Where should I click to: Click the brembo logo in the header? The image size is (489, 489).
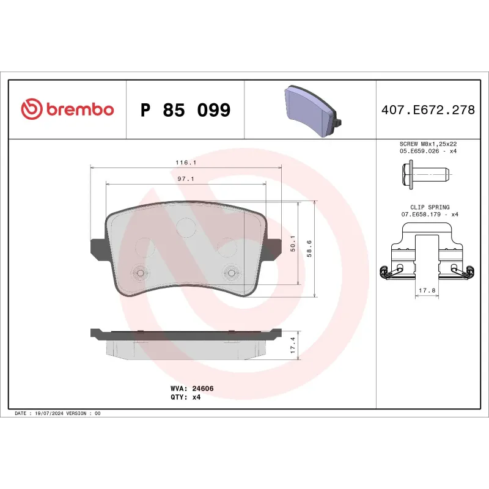click(x=67, y=110)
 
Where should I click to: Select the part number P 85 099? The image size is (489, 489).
click(x=185, y=111)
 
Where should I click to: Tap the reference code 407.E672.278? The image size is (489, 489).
click(x=428, y=111)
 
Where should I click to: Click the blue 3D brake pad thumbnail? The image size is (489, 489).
click(x=311, y=112)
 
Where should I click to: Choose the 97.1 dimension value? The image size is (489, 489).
click(x=185, y=179)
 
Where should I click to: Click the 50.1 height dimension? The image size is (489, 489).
click(x=293, y=243)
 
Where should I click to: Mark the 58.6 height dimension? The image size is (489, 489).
click(x=310, y=247)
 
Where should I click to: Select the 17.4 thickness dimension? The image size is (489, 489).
click(x=293, y=345)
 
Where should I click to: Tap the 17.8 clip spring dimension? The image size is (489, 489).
click(x=428, y=291)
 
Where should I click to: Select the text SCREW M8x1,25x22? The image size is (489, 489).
click(x=428, y=144)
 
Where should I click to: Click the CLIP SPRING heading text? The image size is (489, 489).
click(x=428, y=207)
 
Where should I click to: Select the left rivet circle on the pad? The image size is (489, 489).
click(x=140, y=273)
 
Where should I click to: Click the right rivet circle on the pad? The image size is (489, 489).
click(x=232, y=273)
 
